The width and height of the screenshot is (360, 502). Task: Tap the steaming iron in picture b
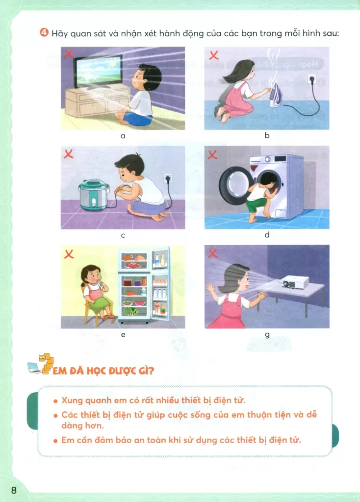tap(276, 95)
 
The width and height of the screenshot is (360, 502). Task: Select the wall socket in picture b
tap(312, 79)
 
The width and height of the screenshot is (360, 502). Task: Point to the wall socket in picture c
tap(168, 178)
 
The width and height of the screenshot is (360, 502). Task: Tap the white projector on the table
tap(294, 282)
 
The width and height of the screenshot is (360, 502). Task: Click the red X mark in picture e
tap(69, 254)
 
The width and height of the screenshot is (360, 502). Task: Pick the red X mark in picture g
tap(213, 253)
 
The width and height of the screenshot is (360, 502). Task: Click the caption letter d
tap(267, 235)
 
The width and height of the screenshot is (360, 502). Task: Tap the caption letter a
tap(123, 136)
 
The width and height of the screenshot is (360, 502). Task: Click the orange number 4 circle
tap(44, 32)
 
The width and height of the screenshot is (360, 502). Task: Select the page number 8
tap(13, 490)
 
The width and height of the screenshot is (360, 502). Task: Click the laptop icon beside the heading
tap(34, 368)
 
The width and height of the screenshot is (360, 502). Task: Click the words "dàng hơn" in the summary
tap(82, 426)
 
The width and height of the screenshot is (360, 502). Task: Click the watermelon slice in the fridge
tap(140, 302)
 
